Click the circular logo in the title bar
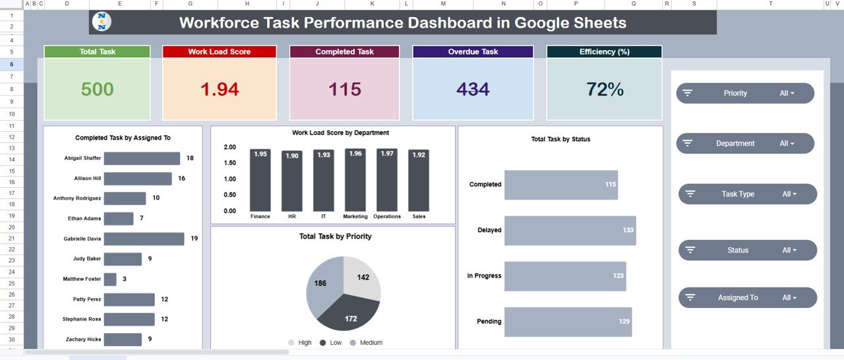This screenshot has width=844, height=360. pos(102,22)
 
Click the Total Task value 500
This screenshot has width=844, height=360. pos(97,90)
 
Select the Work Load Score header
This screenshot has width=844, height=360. pos(219,52)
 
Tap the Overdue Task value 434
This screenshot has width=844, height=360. pos(473,90)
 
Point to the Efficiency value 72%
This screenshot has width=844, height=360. pos(604,90)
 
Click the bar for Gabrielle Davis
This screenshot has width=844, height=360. pos(144,239)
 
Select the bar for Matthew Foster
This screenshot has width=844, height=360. pos(110,280)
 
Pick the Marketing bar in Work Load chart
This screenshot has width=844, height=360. pos(355,180)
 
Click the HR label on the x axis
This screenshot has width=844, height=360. pos(292,217)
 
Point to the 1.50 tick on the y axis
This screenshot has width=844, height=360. pos(229,163)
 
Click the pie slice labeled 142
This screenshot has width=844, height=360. pos(362,277)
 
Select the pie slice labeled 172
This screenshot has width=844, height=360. pos(349,316)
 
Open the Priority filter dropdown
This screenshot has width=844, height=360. pos(787,94)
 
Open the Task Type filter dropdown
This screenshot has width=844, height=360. pos(790,195)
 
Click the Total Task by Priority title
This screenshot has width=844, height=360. pos(335,237)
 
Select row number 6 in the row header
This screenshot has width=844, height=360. pos(12,65)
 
